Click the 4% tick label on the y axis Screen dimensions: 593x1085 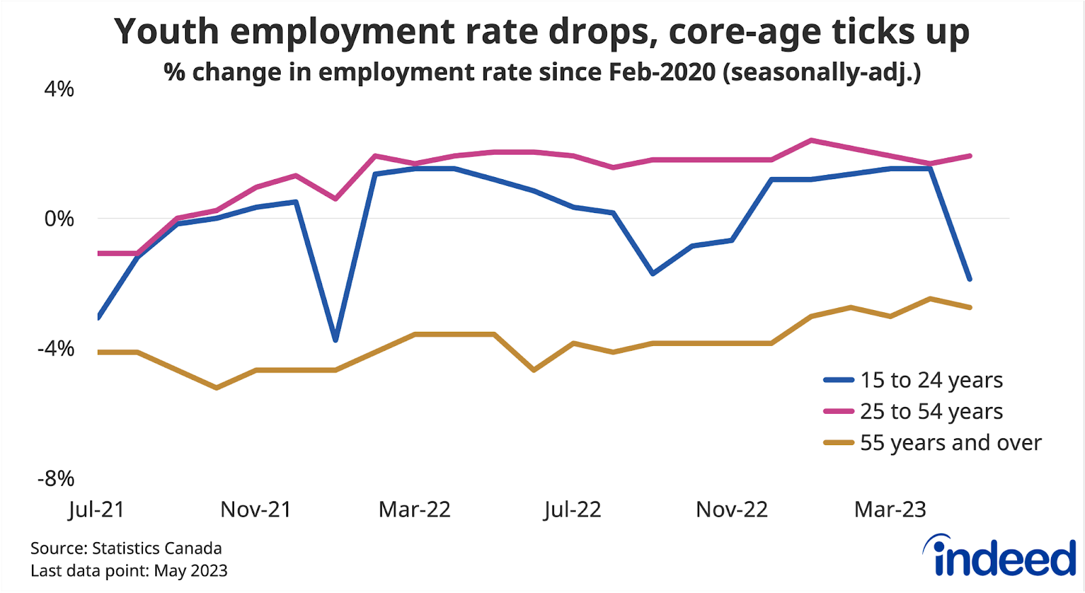point(59,89)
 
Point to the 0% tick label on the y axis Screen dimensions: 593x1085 point(59,218)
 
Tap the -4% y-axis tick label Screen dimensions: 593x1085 point(56,349)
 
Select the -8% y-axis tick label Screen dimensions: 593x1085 point(56,478)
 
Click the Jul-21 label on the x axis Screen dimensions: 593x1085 point(97,510)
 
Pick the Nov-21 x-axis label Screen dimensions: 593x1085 point(256,510)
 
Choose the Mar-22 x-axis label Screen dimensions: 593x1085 point(414,510)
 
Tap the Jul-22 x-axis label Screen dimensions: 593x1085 point(573,510)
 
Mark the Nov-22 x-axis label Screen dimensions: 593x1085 point(732,510)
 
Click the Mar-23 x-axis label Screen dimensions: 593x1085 point(890,510)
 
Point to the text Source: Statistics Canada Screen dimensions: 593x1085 point(126,548)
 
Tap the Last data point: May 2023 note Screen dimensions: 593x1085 point(129,571)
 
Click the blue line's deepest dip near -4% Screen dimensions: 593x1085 point(335,339)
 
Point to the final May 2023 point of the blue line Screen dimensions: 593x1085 point(970,279)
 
